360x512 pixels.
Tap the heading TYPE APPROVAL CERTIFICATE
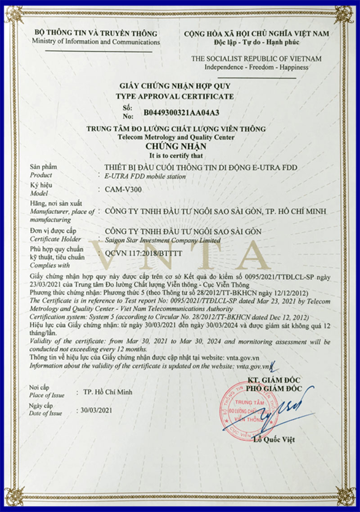175,96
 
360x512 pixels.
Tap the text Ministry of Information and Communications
96,42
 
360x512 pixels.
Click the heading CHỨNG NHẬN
176,146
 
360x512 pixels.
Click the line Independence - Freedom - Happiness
256,67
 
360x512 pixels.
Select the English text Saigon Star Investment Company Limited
162,240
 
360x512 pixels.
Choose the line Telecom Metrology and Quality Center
176,137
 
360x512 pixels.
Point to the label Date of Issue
46,413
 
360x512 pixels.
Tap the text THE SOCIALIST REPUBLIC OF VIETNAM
256,59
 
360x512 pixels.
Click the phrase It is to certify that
176,156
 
